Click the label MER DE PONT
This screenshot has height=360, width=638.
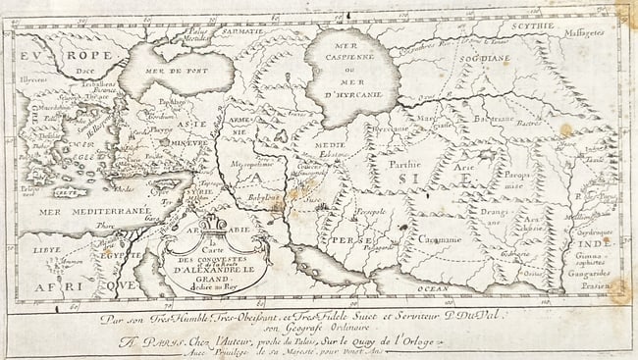(x=171, y=71)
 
